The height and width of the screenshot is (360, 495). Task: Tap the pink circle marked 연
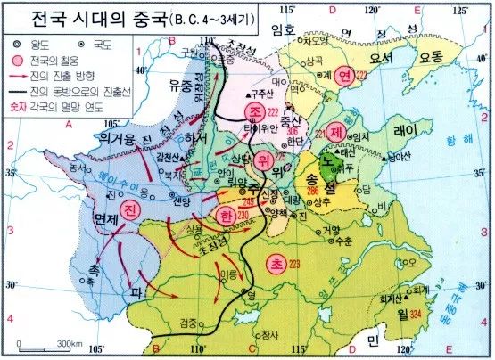pyautogui.click(x=343, y=77)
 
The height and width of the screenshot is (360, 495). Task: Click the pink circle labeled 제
pyautogui.click(x=335, y=130)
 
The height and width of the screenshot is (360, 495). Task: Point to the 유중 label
pyautogui.click(x=181, y=85)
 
